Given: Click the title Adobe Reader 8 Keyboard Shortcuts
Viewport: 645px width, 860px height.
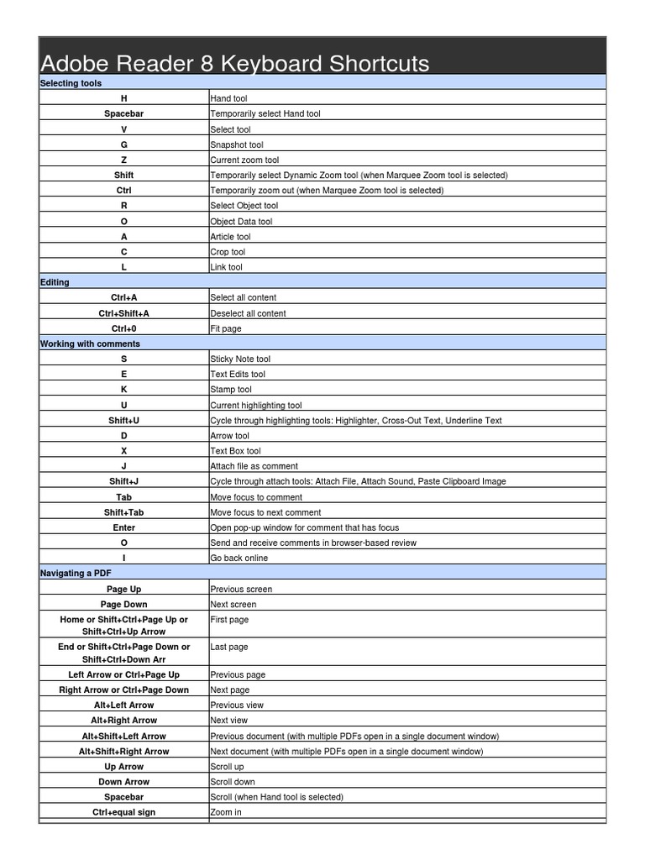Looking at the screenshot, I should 235,63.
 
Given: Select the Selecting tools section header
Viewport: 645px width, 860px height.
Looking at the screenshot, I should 71,83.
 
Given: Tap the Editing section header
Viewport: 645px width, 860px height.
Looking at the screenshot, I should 55,282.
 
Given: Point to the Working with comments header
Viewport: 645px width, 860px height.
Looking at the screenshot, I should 91,343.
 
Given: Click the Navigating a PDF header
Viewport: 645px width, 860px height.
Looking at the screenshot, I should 77,573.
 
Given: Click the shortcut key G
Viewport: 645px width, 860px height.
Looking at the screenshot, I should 124,144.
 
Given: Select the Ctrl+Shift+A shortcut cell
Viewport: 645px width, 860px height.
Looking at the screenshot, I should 124,313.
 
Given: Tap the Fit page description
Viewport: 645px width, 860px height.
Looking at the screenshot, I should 226,328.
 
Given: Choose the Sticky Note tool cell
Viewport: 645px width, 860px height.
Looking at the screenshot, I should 240,359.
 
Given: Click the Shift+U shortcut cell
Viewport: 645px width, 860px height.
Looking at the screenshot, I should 124,420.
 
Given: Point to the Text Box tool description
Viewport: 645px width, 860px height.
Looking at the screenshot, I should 235,451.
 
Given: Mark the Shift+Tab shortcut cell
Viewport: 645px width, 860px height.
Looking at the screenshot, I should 124,512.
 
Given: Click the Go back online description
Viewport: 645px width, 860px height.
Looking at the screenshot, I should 239,558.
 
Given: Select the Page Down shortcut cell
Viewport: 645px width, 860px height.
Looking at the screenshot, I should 124,604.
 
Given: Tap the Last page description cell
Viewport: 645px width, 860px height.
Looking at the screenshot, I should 228,647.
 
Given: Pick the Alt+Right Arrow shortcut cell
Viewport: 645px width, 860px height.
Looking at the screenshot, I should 124,720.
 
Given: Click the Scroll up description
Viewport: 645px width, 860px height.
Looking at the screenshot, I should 227,767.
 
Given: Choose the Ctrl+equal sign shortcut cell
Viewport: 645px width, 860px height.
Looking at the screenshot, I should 124,812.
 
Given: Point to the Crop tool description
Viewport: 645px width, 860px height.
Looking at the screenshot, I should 228,252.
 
